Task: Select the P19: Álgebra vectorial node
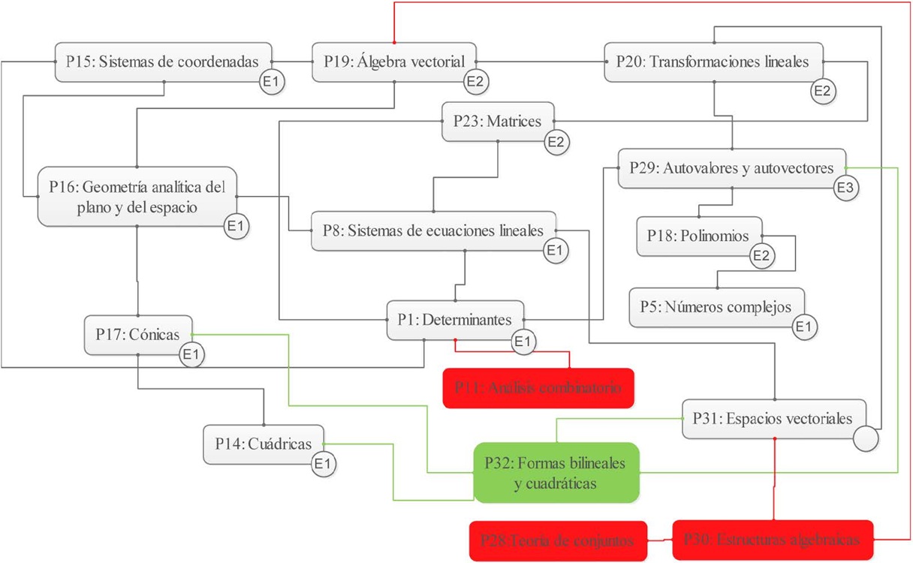(x=394, y=62)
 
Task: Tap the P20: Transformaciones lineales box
(x=713, y=62)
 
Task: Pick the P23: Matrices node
(x=498, y=121)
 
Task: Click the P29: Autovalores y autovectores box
(x=732, y=168)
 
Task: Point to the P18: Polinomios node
(x=698, y=236)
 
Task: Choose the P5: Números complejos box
(x=716, y=307)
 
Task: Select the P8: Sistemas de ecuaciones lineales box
(x=433, y=231)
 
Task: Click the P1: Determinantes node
(x=455, y=320)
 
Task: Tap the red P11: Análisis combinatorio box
(x=538, y=388)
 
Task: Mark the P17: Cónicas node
(x=138, y=335)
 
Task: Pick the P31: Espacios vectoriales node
(x=773, y=418)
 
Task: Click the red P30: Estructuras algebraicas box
(x=773, y=539)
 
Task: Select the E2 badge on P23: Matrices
(x=557, y=141)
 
